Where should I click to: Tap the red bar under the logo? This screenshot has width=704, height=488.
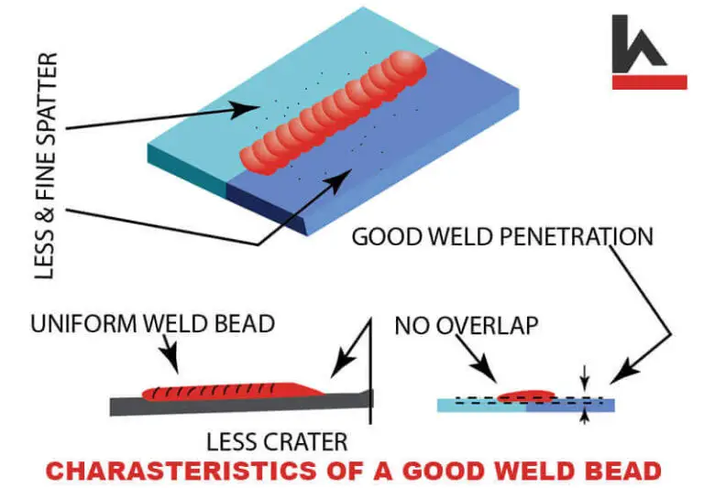pos(649,82)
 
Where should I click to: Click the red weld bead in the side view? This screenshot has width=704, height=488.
pos(229,391)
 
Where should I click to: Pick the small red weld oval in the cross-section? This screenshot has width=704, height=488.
pos(532,395)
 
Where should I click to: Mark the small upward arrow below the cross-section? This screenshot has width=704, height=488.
pos(584,417)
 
